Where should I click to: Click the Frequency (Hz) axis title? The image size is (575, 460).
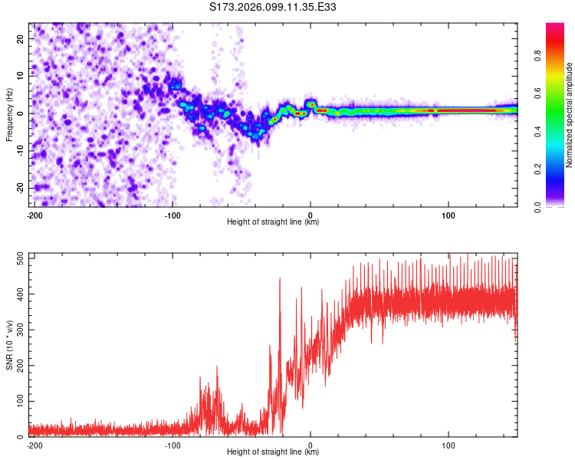[x=9, y=113]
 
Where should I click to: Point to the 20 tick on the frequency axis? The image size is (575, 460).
[x=21, y=38]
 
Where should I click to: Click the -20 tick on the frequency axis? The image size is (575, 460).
[x=19, y=188]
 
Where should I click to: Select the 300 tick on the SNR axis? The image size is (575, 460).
[x=18, y=330]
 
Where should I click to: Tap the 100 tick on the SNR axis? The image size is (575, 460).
[x=18, y=401]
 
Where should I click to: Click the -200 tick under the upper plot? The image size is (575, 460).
[x=33, y=214]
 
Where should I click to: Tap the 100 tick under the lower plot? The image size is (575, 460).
[x=449, y=444]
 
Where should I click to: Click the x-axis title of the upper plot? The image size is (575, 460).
[x=274, y=222]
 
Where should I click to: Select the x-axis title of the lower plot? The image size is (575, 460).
[x=274, y=452]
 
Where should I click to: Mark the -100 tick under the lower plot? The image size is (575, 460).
[x=172, y=444]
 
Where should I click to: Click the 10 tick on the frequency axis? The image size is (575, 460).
[x=21, y=76]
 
